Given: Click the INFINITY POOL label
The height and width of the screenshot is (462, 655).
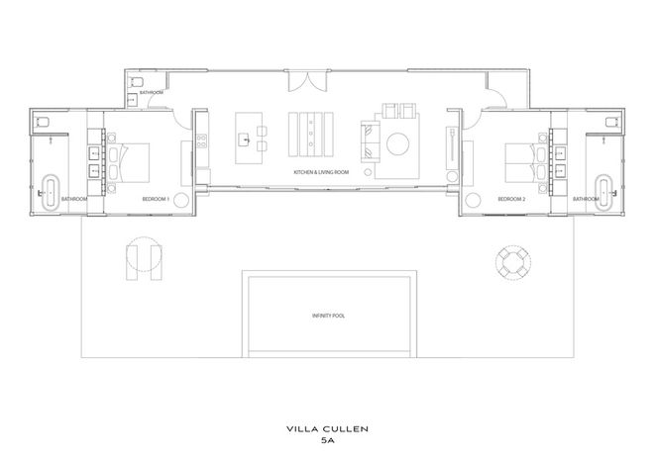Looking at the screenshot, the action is click(x=328, y=316).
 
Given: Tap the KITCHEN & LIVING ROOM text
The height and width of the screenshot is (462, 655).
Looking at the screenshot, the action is click(x=321, y=172).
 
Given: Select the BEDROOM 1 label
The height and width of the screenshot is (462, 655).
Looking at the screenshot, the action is click(x=156, y=199).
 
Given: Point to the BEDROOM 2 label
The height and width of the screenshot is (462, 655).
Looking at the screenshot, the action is click(x=511, y=199).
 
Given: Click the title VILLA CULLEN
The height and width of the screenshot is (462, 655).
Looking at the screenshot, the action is click(x=327, y=428).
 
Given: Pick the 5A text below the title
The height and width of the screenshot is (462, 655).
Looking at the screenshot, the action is click(x=327, y=440).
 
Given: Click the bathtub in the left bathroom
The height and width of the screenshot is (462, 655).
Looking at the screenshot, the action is click(x=52, y=191).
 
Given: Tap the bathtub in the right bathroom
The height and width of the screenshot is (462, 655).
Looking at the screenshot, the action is click(x=604, y=191).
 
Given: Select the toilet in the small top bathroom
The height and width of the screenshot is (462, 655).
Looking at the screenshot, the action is click(x=137, y=82).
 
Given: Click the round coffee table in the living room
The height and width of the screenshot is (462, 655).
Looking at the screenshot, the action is click(x=398, y=143).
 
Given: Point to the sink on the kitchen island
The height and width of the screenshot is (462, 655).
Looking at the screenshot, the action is click(x=244, y=139).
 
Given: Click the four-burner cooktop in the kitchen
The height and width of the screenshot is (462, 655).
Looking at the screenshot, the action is click(x=202, y=140).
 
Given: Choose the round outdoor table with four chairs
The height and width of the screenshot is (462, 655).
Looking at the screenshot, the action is click(x=513, y=263).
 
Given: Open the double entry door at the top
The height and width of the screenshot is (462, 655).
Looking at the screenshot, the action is click(x=307, y=81).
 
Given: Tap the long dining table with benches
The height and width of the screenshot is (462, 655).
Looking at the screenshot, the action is click(x=311, y=135).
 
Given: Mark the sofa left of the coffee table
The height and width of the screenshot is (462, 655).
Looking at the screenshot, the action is click(x=371, y=141).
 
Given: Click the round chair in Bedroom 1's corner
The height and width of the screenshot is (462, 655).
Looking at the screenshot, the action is click(x=181, y=201).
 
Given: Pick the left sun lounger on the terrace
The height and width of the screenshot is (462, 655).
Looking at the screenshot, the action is click(x=131, y=263).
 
